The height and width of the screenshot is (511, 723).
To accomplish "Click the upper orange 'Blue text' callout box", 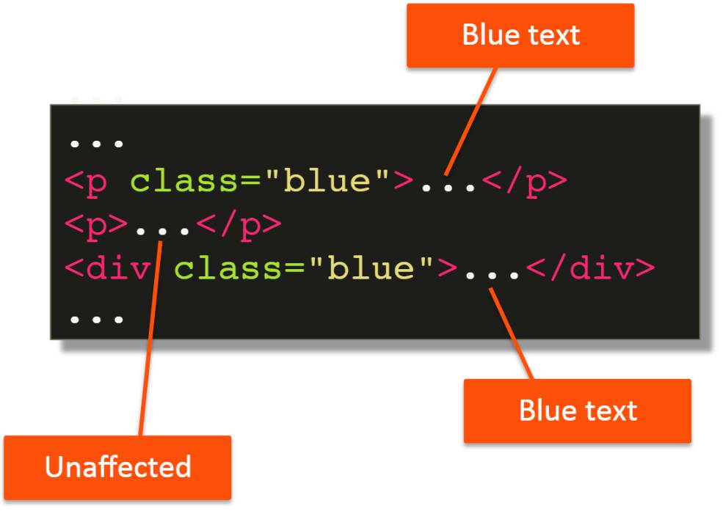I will point(520,35).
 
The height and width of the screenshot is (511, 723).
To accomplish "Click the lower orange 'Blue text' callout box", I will point(577,411).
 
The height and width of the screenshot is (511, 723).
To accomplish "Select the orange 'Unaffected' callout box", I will point(117,467).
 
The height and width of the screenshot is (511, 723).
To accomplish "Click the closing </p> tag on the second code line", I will point(239,225).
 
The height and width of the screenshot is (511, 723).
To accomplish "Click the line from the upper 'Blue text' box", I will point(473,117).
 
